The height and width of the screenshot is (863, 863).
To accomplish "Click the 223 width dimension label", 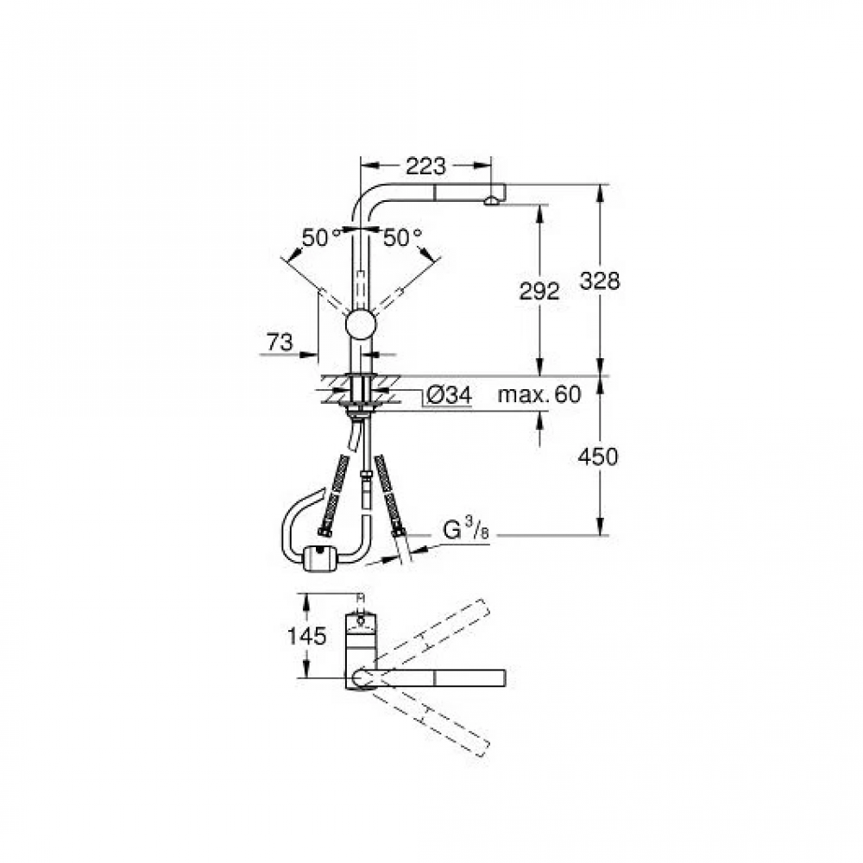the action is (x=425, y=165).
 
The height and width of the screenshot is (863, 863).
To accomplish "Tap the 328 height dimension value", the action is (x=600, y=281).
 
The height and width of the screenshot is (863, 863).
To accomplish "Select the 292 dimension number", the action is (x=539, y=291).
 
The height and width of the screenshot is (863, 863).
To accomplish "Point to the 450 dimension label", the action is (x=598, y=457).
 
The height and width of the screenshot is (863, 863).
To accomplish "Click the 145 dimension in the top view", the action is (x=307, y=636).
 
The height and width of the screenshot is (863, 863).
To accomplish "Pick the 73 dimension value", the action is (x=280, y=343).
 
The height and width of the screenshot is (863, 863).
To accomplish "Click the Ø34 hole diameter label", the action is (x=449, y=394).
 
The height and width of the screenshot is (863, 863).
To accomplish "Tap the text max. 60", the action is (x=539, y=394).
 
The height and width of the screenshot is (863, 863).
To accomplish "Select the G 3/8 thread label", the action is (x=466, y=530).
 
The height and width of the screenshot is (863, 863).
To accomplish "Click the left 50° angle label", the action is (x=321, y=237).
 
